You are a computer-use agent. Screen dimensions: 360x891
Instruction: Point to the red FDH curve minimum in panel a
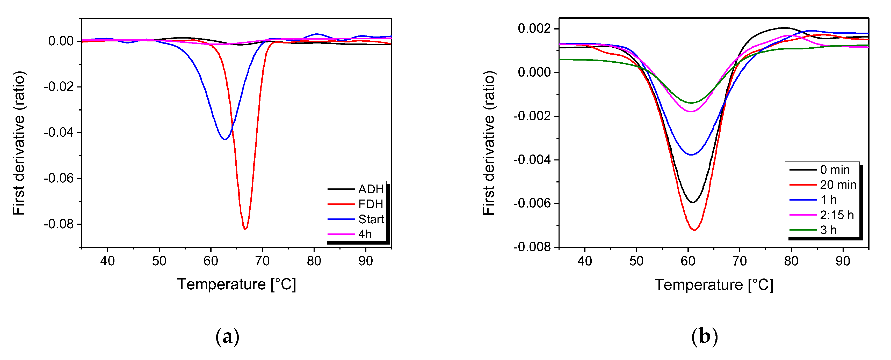(x=245, y=229)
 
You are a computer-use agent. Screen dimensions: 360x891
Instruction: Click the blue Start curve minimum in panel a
(x=225, y=139)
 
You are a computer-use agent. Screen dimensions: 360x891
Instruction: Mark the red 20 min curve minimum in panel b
(x=694, y=230)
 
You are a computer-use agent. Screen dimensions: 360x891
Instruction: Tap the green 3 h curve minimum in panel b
(x=691, y=103)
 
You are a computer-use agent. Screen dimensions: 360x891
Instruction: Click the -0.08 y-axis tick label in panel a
(x=59, y=224)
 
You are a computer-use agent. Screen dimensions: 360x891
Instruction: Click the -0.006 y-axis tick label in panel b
(x=532, y=203)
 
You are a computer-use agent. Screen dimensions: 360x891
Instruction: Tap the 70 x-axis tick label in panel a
(x=262, y=261)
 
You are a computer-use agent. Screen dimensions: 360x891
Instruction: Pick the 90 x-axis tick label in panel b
(x=843, y=261)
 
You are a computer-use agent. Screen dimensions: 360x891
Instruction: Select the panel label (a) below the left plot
(x=227, y=336)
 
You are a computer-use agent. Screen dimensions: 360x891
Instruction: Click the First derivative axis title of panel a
(x=19, y=143)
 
